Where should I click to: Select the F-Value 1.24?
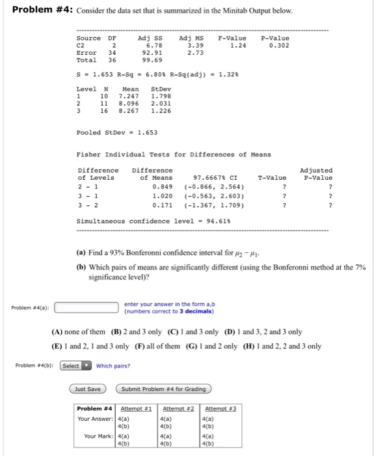click(x=237, y=45)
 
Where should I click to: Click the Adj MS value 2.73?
click(x=194, y=52)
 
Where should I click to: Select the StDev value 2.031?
click(x=161, y=104)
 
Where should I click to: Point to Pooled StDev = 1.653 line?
click(x=107, y=132)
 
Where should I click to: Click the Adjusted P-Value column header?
click(x=317, y=174)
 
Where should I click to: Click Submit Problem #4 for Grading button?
click(x=163, y=389)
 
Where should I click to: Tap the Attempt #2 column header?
click(x=175, y=409)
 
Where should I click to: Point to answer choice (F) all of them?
click(x=145, y=346)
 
